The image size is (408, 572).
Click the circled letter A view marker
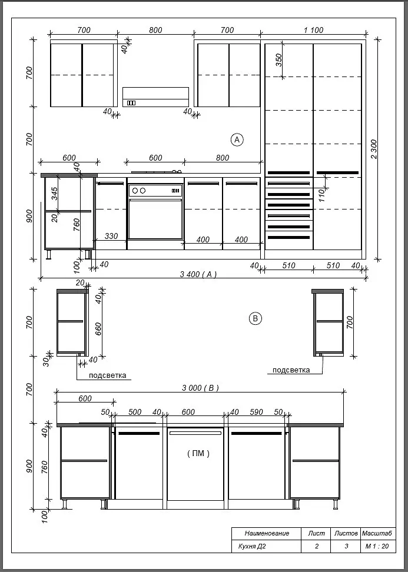click(237, 139)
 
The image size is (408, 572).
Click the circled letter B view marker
click(255, 318)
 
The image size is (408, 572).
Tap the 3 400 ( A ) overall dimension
click(198, 274)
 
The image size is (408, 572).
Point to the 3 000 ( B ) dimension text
click(200, 388)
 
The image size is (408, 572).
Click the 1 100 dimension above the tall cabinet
click(313, 30)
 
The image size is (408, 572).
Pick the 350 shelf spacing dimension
click(278, 60)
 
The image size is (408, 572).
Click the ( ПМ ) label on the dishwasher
click(198, 454)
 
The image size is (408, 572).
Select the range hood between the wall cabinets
click(155, 97)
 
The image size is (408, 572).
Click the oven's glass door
click(155, 220)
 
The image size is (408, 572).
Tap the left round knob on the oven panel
click(135, 191)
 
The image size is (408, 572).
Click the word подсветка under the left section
click(108, 375)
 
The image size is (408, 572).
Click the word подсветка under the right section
click(291, 370)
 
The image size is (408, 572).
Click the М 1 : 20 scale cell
click(377, 546)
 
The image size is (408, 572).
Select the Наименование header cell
click(267, 533)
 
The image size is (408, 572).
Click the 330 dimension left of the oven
click(111, 236)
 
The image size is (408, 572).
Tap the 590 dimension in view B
click(256, 412)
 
